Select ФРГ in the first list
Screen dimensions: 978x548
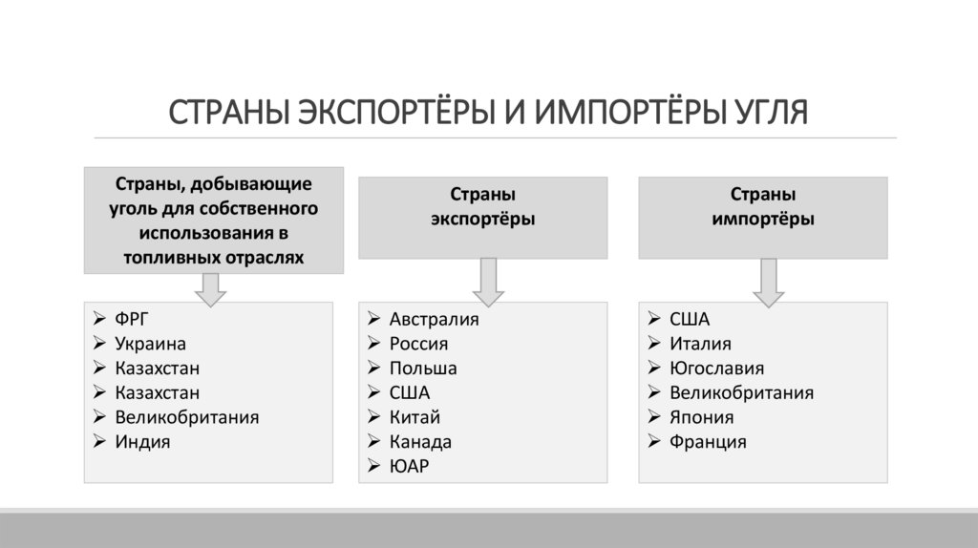click(132, 319)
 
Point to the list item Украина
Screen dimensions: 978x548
click(150, 344)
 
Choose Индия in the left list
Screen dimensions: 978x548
click(142, 442)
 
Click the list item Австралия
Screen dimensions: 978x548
click(434, 319)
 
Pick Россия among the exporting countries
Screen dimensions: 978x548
click(418, 344)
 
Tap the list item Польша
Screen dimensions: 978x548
click(423, 368)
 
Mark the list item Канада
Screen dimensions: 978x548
click(420, 442)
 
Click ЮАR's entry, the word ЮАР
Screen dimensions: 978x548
click(409, 467)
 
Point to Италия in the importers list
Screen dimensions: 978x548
click(700, 344)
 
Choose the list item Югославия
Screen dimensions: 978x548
click(716, 368)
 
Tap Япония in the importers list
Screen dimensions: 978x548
click(701, 417)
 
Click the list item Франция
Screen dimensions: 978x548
click(708, 442)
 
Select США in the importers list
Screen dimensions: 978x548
click(690, 319)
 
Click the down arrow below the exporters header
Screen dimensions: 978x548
click(487, 280)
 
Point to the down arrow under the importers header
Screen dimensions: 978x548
click(768, 280)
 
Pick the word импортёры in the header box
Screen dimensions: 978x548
click(763, 219)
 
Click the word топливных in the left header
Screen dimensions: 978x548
click(167, 258)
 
